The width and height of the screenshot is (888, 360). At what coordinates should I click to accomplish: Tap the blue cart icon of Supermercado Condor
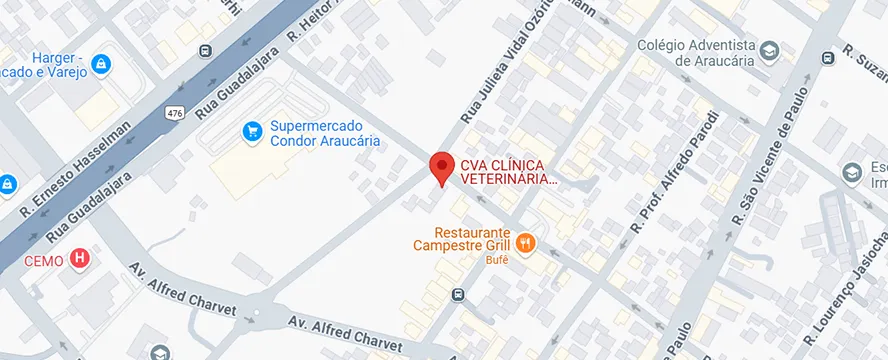tap(254, 130)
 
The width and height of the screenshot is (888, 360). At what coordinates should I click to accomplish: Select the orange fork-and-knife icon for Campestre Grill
tap(528, 242)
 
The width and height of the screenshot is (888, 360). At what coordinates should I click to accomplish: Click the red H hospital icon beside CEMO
tap(80, 260)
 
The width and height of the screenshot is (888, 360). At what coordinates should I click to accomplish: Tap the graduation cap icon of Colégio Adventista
tap(770, 50)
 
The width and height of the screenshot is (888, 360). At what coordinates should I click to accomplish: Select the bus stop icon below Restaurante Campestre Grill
tap(457, 294)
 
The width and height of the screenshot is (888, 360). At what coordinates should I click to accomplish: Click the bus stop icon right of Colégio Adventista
tap(828, 58)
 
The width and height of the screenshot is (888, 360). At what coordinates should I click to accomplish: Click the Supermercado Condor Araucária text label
tap(325, 134)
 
